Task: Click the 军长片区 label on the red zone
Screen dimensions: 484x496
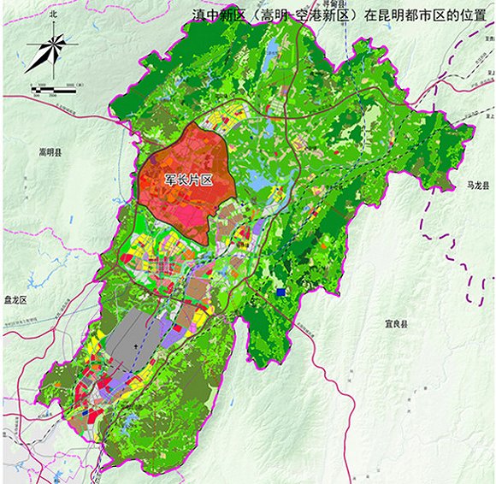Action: pyautogui.click(x=187, y=180)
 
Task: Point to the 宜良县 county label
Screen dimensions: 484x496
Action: pyautogui.click(x=395, y=325)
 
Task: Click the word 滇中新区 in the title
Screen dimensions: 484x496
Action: pyautogui.click(x=217, y=15)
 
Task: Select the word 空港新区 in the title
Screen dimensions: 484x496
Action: pyautogui.click(x=318, y=15)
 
